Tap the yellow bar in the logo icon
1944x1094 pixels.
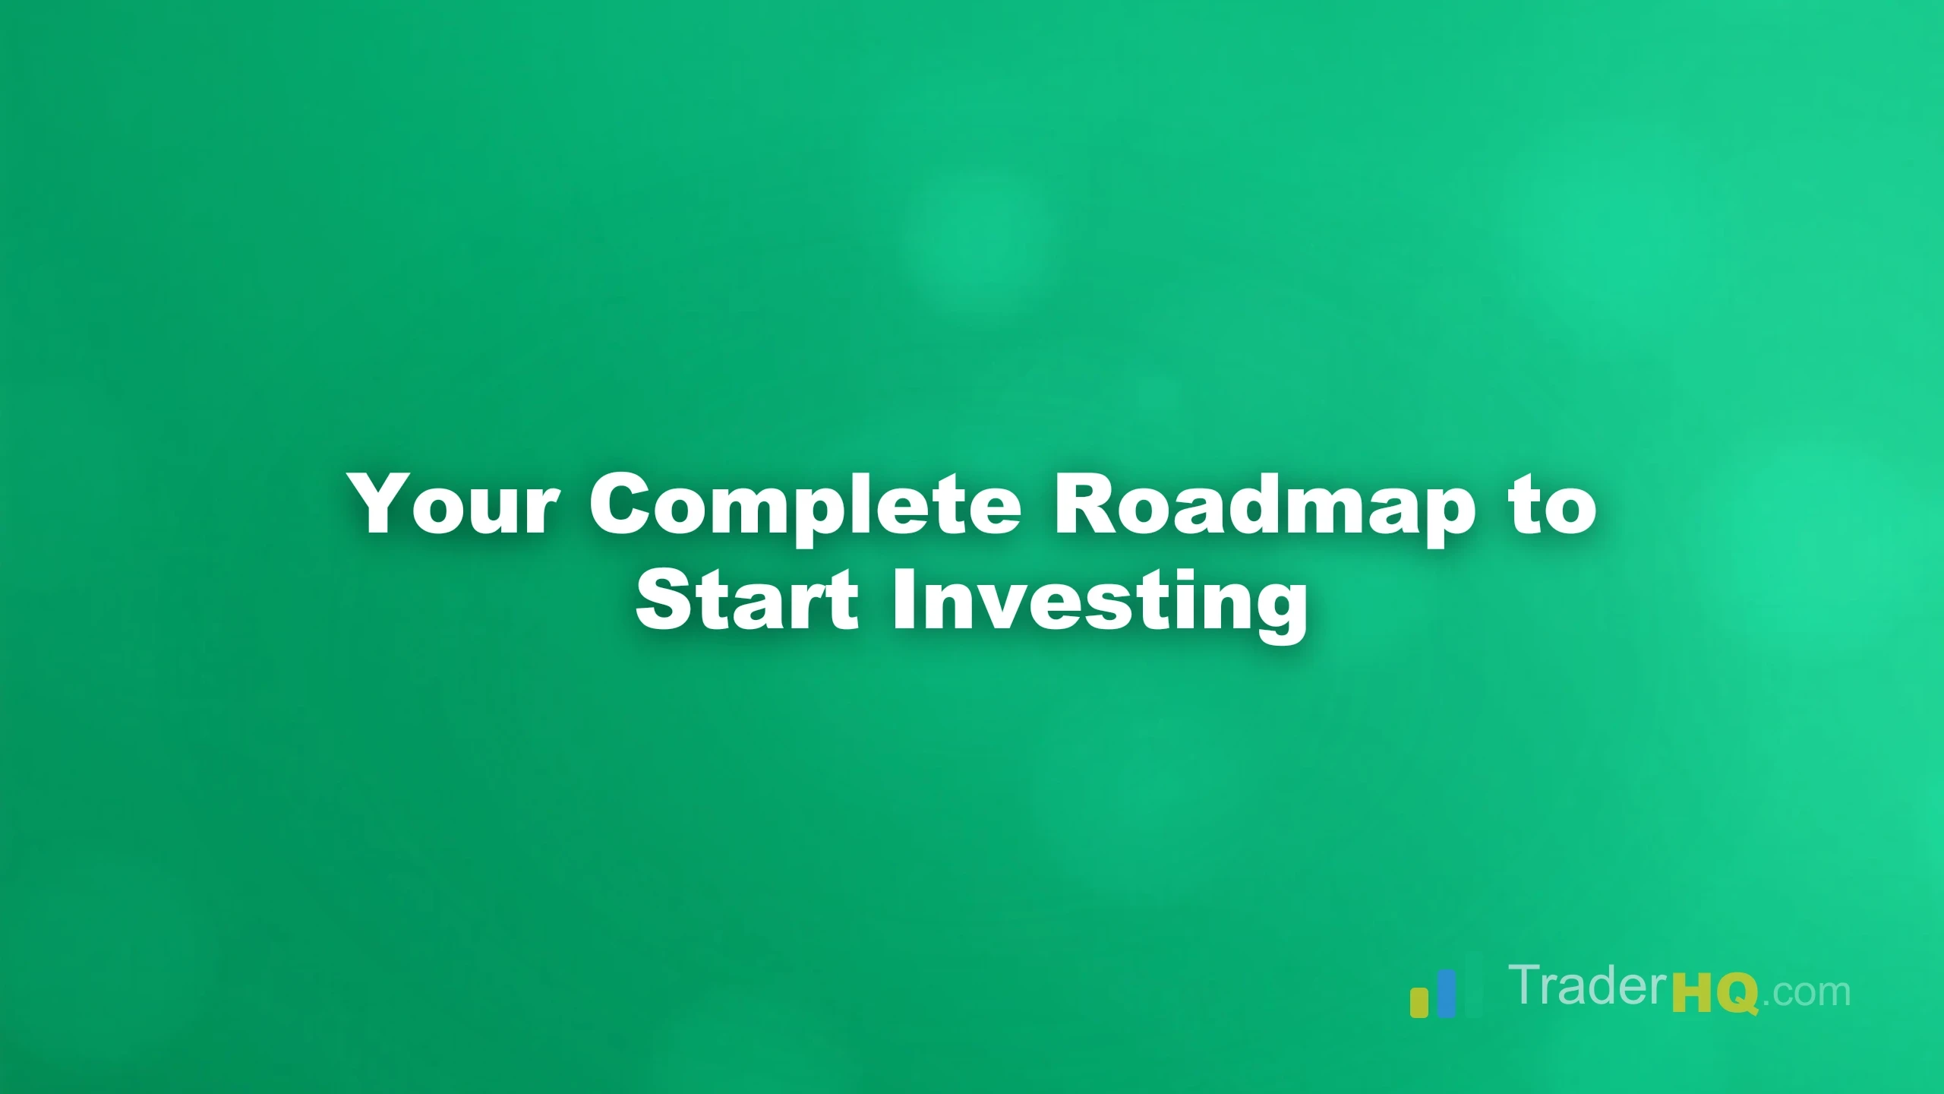tap(1419, 1002)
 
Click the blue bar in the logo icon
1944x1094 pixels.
tap(1447, 993)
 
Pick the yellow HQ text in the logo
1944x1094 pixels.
tap(1716, 995)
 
